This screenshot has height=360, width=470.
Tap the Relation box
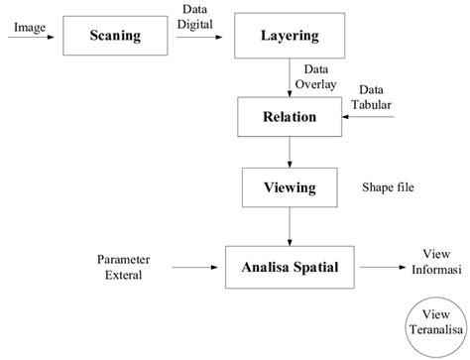point(290,117)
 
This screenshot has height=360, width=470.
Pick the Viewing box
point(290,186)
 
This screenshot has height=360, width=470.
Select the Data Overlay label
point(319,77)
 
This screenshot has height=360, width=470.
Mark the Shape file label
point(387,186)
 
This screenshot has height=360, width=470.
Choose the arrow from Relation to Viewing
point(290,151)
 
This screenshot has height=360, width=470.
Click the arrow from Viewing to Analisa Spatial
point(290,224)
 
